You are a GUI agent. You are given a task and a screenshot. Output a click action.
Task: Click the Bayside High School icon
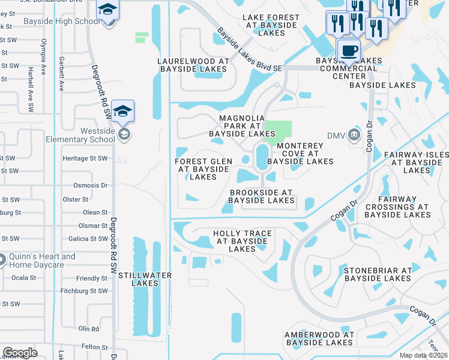point(108,10)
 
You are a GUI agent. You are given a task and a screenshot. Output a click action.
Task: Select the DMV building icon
point(354,135)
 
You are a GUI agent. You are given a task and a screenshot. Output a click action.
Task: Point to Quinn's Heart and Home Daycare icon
point(2,260)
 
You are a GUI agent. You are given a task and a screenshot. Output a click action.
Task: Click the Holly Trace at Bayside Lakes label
point(243,241)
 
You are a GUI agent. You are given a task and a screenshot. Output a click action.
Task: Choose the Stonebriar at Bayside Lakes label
point(378,274)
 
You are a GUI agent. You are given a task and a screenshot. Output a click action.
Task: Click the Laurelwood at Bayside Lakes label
point(193,65)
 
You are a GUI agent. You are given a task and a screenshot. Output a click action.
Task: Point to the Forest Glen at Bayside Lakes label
point(203,169)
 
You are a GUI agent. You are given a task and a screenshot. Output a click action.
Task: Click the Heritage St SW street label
point(85,158)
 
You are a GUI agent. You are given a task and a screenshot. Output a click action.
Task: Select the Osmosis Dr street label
point(90,185)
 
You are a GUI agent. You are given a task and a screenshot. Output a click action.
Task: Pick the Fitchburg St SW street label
point(84,291)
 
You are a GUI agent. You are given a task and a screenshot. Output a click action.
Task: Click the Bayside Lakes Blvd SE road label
point(249,50)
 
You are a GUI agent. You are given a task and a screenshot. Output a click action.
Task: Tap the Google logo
point(20,353)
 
